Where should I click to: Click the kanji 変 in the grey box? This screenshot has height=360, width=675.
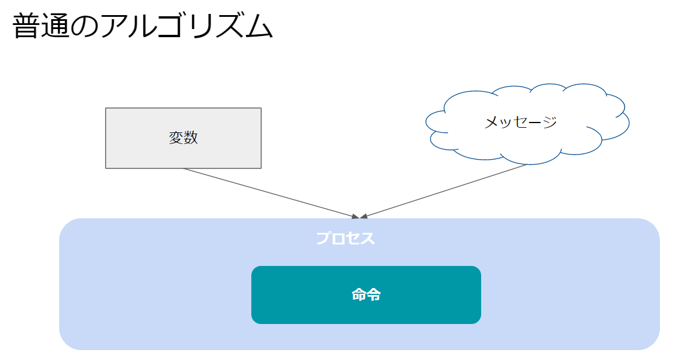tap(176, 138)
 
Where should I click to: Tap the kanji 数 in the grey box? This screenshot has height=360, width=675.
tap(190, 138)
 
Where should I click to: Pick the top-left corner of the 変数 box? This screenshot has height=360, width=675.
tap(106, 109)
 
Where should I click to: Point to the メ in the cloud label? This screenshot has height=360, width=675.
tap(491, 122)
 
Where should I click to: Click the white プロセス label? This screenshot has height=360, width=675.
tap(345, 239)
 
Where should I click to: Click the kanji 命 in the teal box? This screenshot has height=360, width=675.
tap(359, 295)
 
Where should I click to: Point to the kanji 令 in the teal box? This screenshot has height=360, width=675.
tap(374, 295)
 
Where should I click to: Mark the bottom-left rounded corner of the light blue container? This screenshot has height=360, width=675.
tap(66, 344)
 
